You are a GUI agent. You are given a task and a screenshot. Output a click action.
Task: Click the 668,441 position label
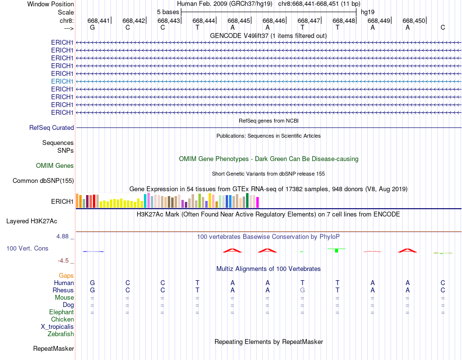[99, 20]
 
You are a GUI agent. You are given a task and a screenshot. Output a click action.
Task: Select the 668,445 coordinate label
[239, 20]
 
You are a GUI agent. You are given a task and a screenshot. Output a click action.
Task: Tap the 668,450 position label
[414, 20]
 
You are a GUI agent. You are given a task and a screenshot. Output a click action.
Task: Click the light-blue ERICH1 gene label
[62, 81]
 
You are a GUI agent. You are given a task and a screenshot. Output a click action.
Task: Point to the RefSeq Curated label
[52, 127]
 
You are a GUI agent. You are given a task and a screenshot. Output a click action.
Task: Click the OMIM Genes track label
[55, 165]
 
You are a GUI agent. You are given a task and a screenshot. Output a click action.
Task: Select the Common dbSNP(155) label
[43, 181]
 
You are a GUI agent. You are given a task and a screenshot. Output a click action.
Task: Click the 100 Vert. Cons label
[27, 248]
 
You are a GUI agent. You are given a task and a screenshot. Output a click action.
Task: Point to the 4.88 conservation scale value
[63, 236]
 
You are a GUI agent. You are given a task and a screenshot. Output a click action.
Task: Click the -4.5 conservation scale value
[64, 260]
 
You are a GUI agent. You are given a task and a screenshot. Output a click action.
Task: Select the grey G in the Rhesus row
[302, 290]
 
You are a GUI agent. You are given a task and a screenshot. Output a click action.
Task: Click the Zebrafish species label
[61, 334]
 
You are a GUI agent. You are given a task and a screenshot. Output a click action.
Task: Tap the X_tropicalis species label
[57, 326]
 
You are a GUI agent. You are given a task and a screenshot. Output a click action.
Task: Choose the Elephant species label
[61, 312]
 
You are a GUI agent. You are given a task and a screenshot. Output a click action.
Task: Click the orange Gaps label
[66, 275]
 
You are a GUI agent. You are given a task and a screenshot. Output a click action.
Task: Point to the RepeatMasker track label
[53, 348]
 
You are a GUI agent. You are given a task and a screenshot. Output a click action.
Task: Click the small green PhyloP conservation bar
[337, 250]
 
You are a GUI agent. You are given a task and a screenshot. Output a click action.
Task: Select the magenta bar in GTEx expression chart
[257, 202]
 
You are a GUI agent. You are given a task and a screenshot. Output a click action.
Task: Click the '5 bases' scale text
[168, 12]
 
